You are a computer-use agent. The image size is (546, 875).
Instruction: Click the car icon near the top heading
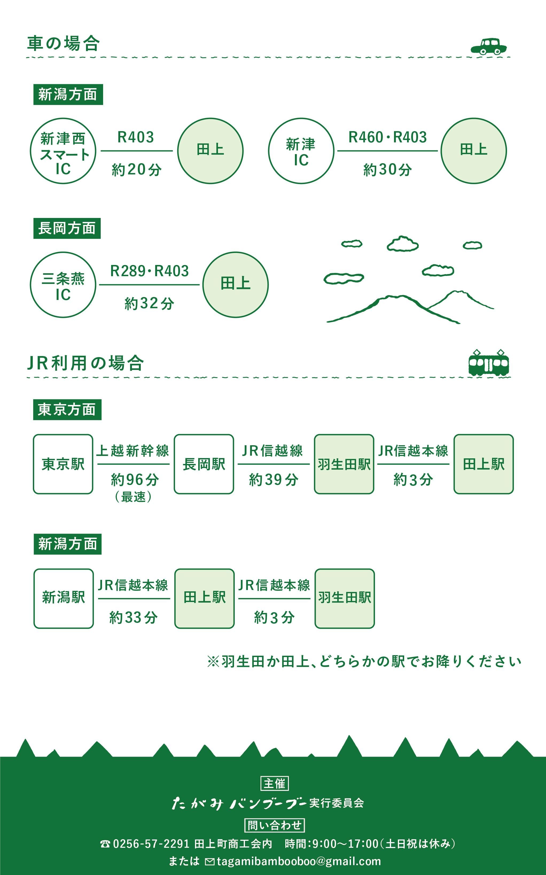pyautogui.click(x=489, y=46)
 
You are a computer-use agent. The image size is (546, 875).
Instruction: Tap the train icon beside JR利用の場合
pyautogui.click(x=489, y=362)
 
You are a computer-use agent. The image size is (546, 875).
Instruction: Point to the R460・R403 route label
pyautogui.click(x=388, y=137)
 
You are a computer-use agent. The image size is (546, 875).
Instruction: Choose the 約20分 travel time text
pyautogui.click(x=136, y=169)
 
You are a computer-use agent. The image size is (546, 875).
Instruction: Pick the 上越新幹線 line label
pyautogui.click(x=133, y=451)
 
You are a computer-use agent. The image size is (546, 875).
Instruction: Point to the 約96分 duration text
pyautogui.click(x=135, y=479)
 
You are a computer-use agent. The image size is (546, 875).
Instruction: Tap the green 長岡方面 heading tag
pyautogui.click(x=67, y=228)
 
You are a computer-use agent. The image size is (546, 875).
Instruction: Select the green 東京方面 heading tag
pyautogui.click(x=67, y=409)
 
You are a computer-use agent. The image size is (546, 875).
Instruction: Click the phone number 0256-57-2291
pyautogui.click(x=151, y=843)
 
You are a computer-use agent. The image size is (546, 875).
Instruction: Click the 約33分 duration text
pyautogui.click(x=134, y=617)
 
